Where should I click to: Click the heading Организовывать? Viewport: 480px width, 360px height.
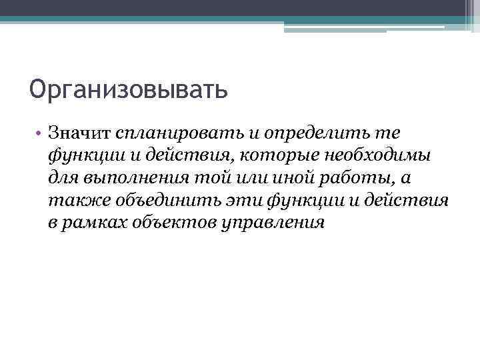(129, 88)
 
